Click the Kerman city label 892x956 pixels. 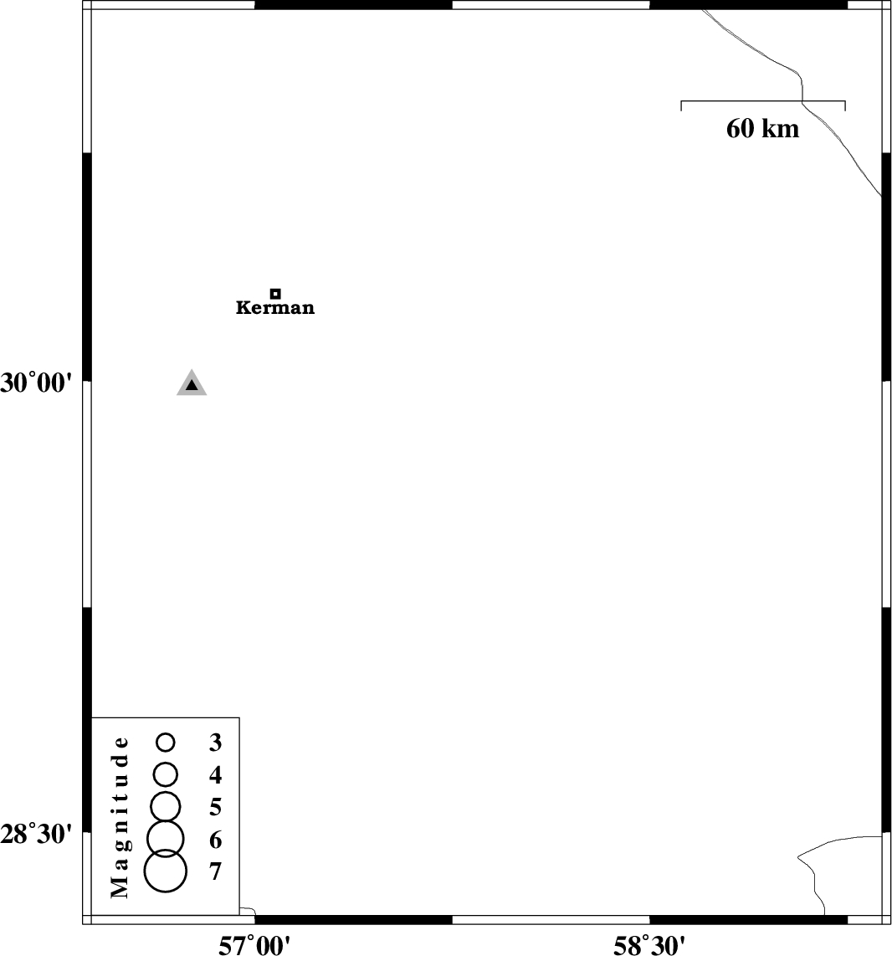click(275, 307)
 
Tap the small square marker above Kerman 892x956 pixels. click(275, 293)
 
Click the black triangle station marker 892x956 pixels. click(192, 383)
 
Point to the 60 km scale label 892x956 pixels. click(763, 129)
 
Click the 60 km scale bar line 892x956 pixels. click(763, 101)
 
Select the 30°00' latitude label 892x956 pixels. click(36, 383)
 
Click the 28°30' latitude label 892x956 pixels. click(36, 834)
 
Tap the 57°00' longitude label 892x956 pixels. click(254, 946)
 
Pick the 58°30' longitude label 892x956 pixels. click(649, 946)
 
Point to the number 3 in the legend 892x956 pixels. click(215, 743)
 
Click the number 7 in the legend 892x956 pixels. click(215, 871)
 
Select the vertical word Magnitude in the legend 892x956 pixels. click(120, 818)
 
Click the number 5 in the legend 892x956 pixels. click(215, 807)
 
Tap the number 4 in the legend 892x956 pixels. click(215, 775)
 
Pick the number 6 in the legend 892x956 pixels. click(215, 840)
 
